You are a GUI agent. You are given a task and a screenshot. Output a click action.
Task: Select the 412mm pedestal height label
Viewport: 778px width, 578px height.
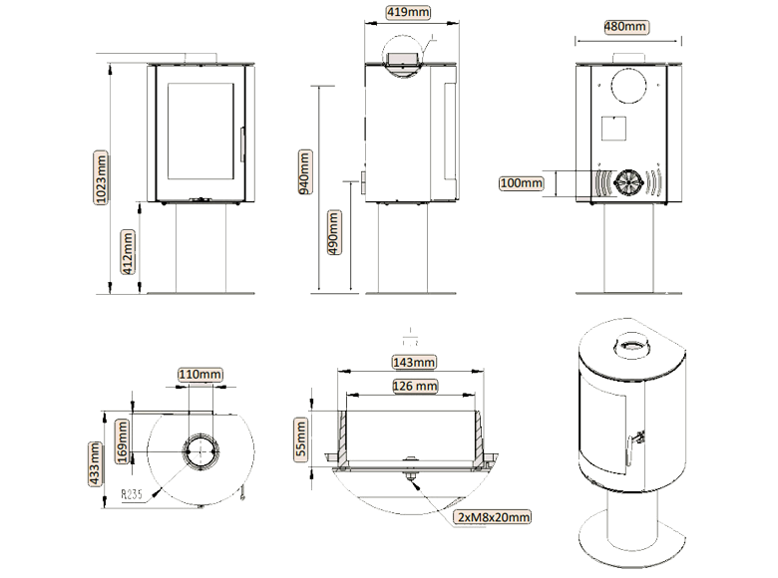point(128,252)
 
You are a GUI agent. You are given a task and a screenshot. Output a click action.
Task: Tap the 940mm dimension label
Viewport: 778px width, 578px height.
point(305,175)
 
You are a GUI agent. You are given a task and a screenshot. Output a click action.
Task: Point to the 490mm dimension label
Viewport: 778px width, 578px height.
point(334,234)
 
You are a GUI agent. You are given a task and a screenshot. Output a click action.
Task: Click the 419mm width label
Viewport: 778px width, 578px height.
point(410,13)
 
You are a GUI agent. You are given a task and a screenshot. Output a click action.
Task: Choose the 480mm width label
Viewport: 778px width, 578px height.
point(625,26)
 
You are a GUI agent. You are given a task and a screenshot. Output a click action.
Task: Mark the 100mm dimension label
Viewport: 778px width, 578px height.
point(521,183)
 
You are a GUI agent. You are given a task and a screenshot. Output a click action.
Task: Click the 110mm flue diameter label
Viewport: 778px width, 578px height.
point(198,375)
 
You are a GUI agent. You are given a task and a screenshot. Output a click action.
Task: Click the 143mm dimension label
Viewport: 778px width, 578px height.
point(412,362)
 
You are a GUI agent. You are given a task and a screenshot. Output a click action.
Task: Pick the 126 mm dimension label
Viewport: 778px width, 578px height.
point(412,386)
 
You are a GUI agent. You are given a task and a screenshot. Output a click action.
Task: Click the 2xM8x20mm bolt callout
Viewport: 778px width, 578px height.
point(493,517)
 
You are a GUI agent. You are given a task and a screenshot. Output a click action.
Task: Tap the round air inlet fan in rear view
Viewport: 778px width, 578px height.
point(627,182)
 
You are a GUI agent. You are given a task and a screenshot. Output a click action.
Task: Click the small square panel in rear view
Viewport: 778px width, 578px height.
point(612,127)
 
